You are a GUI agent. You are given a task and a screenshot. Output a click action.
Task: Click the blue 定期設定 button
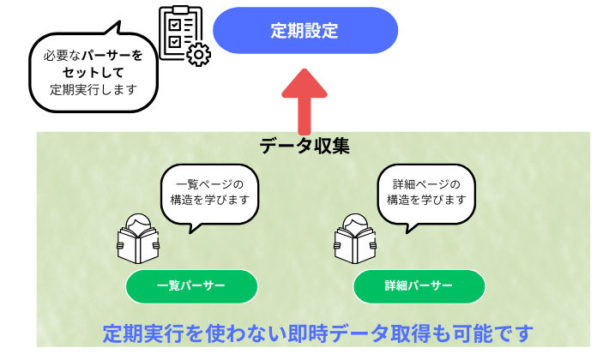pos(304,31)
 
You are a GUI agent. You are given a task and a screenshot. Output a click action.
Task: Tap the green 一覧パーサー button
pos(191,286)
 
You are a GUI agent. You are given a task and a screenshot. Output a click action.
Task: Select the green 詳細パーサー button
pos(419,286)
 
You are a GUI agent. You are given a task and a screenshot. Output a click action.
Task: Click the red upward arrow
pos(304,103)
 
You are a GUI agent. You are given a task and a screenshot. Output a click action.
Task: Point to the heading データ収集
pos(304,146)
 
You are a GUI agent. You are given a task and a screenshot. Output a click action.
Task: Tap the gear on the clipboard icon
pos(199,55)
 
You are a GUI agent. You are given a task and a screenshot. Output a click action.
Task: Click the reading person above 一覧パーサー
pos(137,237)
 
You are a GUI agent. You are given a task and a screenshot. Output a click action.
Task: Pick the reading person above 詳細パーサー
pos(354,237)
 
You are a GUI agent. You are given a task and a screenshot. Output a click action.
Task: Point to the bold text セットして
pos(93,72)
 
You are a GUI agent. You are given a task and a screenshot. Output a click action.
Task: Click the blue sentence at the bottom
pos(317,333)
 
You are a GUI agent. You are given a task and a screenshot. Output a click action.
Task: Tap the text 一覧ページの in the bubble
pos(209,184)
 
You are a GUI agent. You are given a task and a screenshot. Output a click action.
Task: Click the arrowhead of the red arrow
pos(304,86)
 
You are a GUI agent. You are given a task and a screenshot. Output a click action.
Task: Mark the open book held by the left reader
pos(137,248)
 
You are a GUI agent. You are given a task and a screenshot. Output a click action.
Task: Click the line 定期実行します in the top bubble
pos(93,88)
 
